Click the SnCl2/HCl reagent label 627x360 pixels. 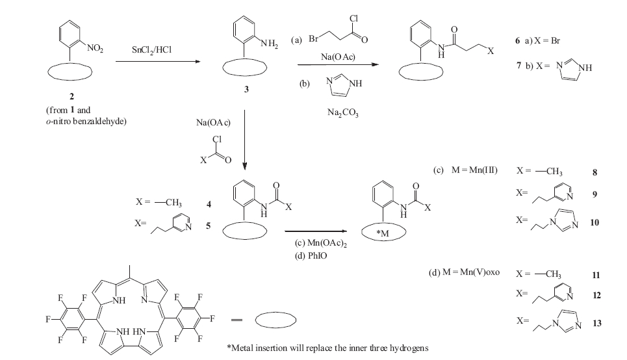pyautogui.click(x=152, y=49)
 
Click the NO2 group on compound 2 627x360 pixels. pyautogui.click(x=95, y=49)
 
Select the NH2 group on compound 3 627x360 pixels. pyautogui.click(x=269, y=44)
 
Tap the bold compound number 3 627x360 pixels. pyautogui.click(x=246, y=90)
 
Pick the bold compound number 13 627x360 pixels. pyautogui.click(x=596, y=323)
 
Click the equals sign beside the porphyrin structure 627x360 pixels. pyautogui.click(x=237, y=320)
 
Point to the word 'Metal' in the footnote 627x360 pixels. pyautogui.click(x=243, y=348)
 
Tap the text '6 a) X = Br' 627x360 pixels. pyautogui.click(x=537, y=41)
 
